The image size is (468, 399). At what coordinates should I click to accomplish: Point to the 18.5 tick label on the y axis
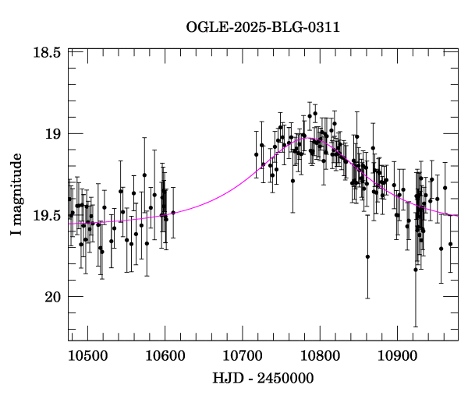(x=47, y=52)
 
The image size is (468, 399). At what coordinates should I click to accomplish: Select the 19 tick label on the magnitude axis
(x=52, y=133)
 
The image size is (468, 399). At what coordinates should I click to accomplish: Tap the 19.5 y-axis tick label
(x=47, y=215)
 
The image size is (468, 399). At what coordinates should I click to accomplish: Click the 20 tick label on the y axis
(x=52, y=297)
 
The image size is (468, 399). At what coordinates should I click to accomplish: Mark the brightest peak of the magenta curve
(x=307, y=138)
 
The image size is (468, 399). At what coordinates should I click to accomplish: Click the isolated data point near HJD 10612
(x=173, y=212)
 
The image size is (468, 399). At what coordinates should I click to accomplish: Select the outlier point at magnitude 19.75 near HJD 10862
(x=367, y=256)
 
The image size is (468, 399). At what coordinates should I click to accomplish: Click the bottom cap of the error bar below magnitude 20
(x=416, y=327)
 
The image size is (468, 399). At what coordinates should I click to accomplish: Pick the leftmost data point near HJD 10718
(x=256, y=154)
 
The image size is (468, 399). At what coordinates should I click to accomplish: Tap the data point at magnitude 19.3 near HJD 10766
(x=292, y=181)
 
